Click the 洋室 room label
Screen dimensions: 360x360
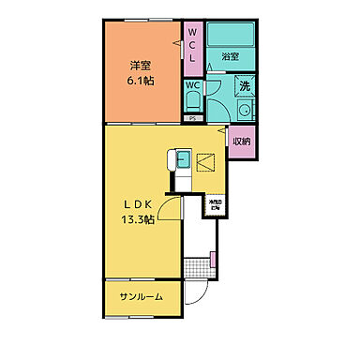(142, 66)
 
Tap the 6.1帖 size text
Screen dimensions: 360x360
(142, 82)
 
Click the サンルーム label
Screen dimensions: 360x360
(141, 297)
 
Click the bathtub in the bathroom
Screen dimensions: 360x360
(231, 37)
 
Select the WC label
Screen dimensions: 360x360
(191, 84)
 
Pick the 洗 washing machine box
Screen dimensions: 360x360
(243, 86)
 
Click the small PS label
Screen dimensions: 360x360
(192, 119)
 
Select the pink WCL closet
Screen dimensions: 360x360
(193, 44)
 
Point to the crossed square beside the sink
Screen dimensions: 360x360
(205, 161)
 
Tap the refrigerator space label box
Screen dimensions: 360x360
(215, 204)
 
